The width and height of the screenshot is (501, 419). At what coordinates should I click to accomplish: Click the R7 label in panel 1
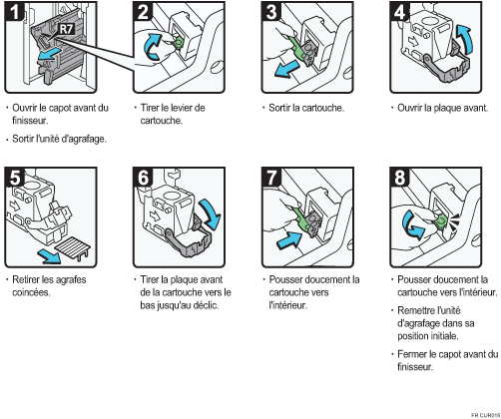[x=67, y=29]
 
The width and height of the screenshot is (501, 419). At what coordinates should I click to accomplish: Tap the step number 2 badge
[x=143, y=11]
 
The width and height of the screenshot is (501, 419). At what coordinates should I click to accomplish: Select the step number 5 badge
[x=15, y=178]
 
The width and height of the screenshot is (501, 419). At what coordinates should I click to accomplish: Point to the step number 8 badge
[x=400, y=178]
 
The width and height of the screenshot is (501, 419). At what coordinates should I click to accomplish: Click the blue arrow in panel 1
[x=49, y=55]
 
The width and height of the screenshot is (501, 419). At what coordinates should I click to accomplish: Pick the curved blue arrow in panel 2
[x=153, y=47]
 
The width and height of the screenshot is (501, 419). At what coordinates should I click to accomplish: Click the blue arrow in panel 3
[x=286, y=70]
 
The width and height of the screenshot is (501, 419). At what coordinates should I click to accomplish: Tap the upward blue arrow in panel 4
[x=464, y=39]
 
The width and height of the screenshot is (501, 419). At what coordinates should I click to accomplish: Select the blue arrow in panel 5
[x=49, y=256]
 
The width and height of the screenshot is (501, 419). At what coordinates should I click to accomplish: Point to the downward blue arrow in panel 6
[x=211, y=213]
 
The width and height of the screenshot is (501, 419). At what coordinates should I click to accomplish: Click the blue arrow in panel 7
[x=289, y=240]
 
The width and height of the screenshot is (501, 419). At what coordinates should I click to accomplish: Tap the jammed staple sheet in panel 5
[x=72, y=247]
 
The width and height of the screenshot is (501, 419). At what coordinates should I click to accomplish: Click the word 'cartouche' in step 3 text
[x=321, y=108]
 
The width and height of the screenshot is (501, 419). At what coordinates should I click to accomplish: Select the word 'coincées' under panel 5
[x=31, y=292]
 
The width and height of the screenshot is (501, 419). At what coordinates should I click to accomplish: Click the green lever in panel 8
[x=440, y=221]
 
